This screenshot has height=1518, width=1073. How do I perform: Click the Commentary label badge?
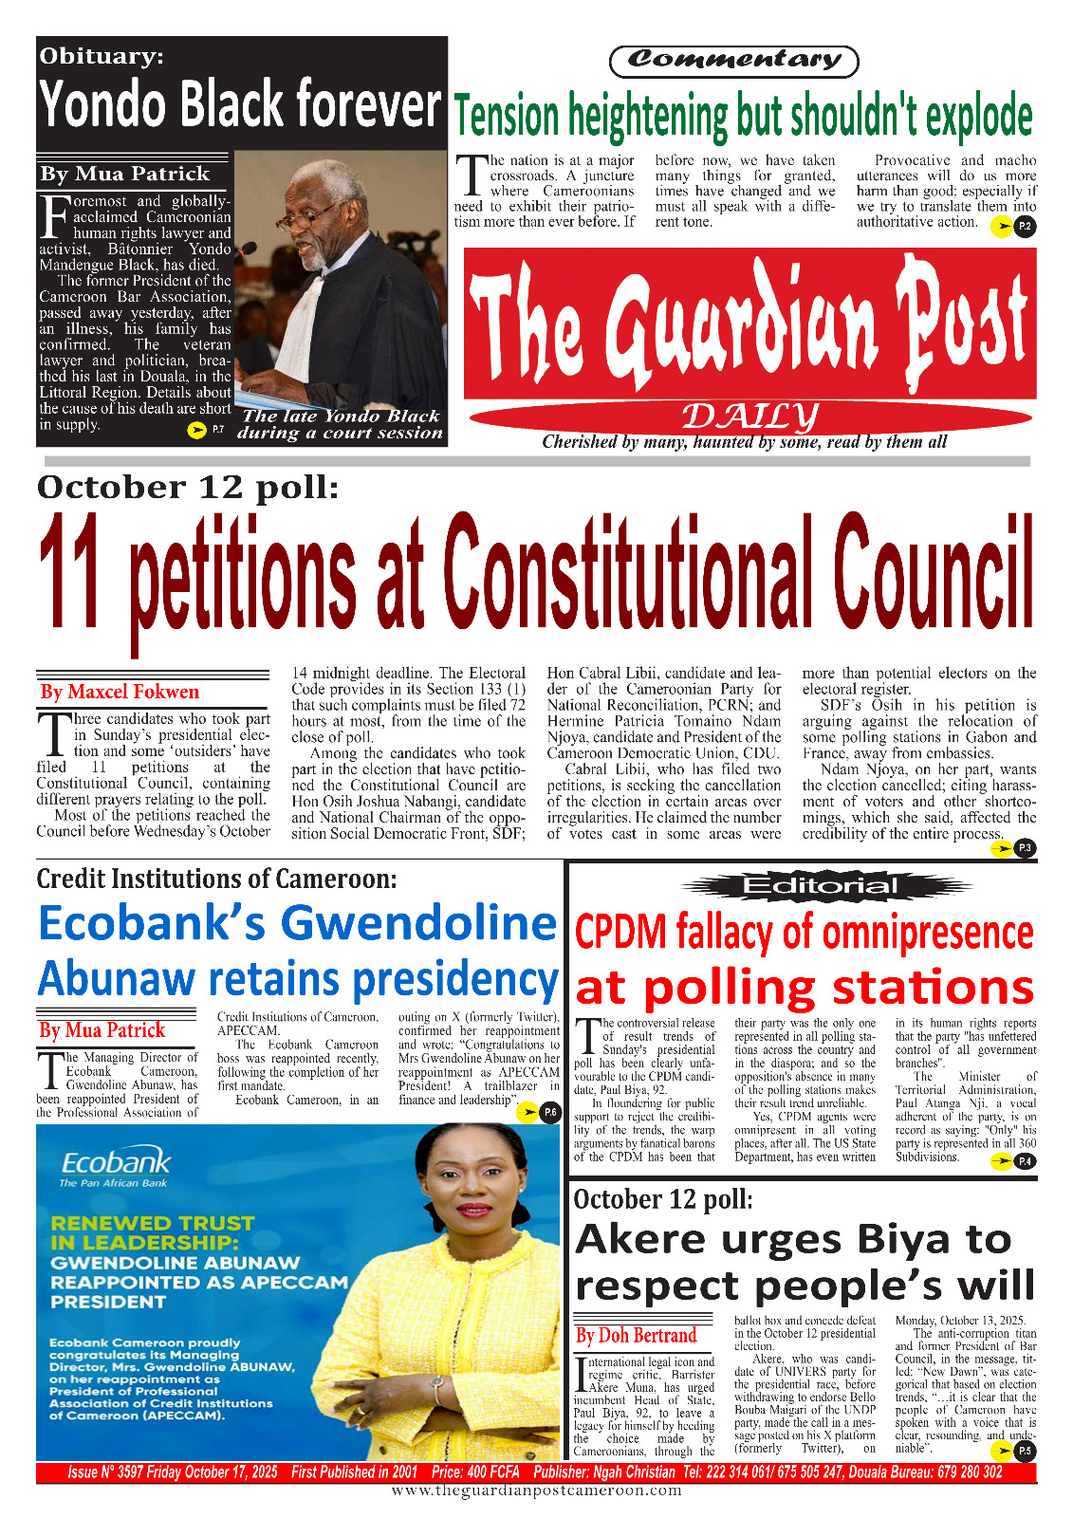tap(733, 61)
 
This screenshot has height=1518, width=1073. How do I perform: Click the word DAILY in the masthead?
tap(749, 416)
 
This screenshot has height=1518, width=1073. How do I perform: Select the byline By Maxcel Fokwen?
tap(120, 692)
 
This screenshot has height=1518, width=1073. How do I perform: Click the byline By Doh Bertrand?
tap(636, 1336)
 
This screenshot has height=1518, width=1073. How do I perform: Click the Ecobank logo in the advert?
tap(115, 1165)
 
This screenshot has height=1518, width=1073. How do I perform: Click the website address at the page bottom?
tap(536, 1490)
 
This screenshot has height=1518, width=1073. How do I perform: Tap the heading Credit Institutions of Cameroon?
tap(216, 879)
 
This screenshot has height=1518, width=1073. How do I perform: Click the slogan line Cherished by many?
tap(744, 442)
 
